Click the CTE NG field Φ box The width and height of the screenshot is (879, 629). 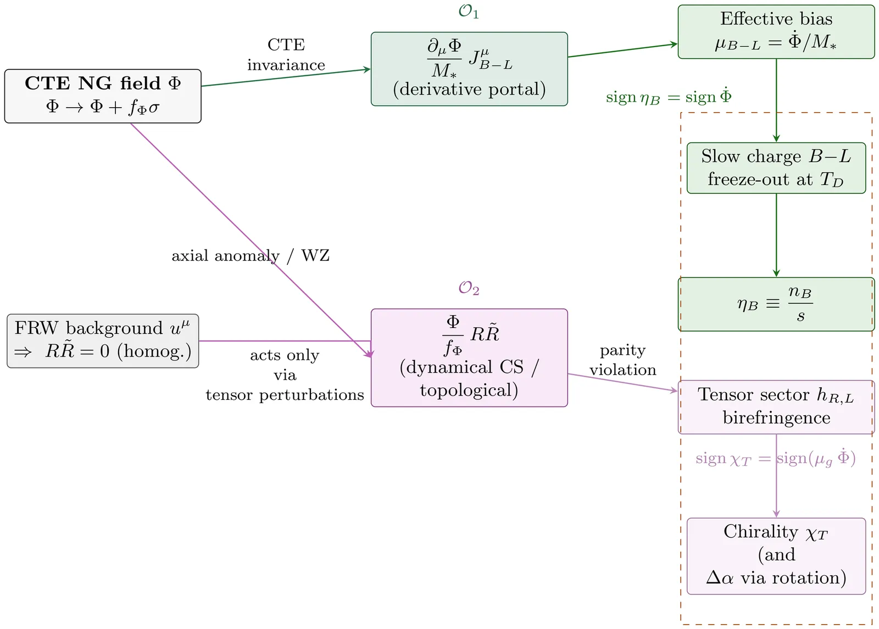[x=103, y=96]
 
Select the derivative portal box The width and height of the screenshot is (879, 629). [x=469, y=69]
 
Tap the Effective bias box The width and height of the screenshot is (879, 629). [x=776, y=31]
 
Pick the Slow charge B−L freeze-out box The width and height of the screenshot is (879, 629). [x=776, y=168]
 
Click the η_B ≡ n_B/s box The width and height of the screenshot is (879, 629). [x=776, y=304]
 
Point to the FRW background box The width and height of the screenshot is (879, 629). [x=103, y=341]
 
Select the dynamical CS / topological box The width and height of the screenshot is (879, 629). [x=469, y=357]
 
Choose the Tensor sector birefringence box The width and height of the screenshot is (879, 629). [x=776, y=407]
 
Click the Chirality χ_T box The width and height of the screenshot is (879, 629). [x=776, y=555]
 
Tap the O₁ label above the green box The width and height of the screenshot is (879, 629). [x=469, y=12]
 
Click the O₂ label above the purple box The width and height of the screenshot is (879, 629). [x=469, y=288]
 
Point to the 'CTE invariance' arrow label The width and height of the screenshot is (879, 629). [x=286, y=55]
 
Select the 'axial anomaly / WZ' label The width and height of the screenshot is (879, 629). [x=251, y=255]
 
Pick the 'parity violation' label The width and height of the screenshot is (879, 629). [x=622, y=360]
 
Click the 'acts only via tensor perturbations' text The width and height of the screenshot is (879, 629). [x=285, y=375]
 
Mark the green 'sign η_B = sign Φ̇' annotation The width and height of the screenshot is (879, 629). [x=669, y=97]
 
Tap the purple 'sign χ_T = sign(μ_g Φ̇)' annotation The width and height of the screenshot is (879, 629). [x=775, y=458]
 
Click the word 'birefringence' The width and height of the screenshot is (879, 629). [x=776, y=418]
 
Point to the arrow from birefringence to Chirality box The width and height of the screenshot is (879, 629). [x=776, y=483]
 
